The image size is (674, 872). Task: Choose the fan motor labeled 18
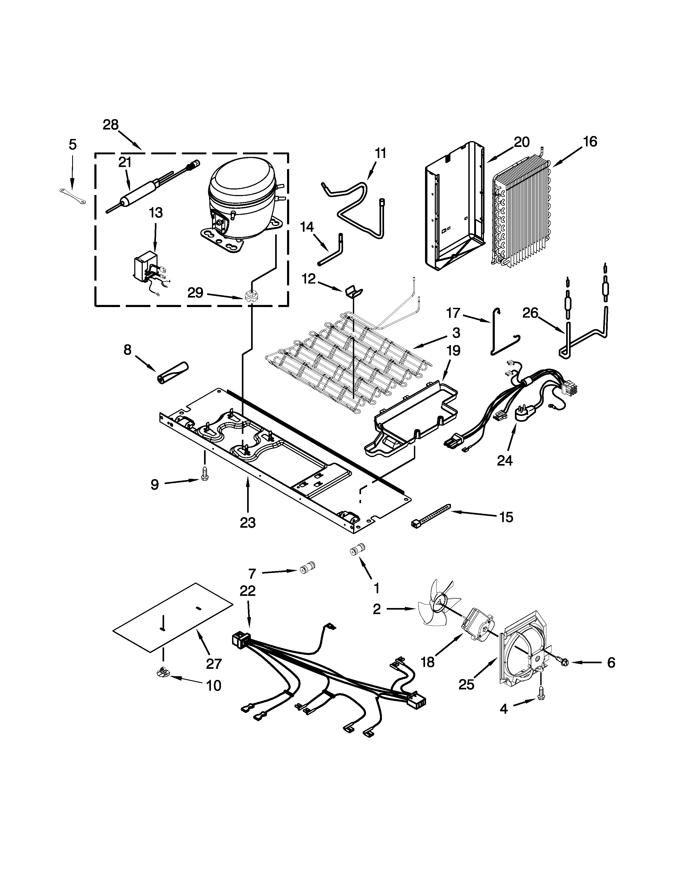[477, 630]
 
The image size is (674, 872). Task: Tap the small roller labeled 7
[307, 567]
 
